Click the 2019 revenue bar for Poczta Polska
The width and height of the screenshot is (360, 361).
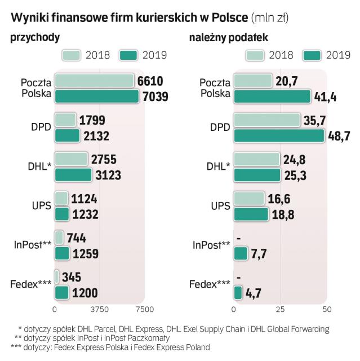96,96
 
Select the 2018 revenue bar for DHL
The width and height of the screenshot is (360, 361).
72,159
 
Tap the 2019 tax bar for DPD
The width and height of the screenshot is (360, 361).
279,136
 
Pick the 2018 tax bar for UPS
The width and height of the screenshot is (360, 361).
249,198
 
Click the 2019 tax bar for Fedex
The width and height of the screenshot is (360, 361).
238,292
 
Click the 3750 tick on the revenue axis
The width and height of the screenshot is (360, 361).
99,309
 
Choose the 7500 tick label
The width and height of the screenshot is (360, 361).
144,309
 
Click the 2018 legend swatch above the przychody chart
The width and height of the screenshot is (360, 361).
71,55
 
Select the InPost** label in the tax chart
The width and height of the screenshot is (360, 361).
211,245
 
